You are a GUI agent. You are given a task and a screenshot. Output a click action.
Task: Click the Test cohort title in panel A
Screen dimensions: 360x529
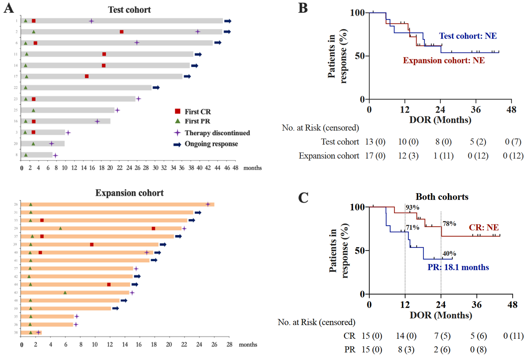[129, 10]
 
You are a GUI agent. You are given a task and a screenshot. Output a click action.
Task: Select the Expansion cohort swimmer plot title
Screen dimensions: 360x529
[129, 193]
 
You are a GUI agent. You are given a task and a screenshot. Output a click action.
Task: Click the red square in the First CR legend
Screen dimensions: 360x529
[178, 111]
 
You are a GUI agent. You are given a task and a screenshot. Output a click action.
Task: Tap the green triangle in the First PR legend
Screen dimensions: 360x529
[178, 121]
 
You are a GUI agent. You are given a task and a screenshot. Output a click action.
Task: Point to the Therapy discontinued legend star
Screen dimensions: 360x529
[177, 133]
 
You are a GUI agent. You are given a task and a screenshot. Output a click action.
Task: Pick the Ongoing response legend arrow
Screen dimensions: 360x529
[177, 144]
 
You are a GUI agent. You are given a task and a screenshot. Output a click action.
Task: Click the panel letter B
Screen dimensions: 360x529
[303, 8]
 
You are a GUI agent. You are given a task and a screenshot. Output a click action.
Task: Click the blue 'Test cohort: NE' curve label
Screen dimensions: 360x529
[468, 36]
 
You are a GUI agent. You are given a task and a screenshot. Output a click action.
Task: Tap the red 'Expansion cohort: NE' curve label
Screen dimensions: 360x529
[444, 60]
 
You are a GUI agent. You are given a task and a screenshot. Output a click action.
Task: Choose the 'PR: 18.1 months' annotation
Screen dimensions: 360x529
[458, 267]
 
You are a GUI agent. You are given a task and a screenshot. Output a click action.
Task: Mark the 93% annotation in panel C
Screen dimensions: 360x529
[412, 207]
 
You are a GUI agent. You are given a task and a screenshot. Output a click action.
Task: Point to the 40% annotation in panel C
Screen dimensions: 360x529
[449, 254]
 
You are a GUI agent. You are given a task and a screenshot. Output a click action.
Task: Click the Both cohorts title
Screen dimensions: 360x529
[442, 197]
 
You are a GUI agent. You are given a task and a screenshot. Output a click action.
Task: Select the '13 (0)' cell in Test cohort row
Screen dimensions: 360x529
[375, 142]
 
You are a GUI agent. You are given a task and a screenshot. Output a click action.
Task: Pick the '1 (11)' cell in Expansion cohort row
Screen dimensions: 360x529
[443, 156]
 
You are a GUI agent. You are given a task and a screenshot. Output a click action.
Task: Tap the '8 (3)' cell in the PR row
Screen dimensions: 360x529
[406, 350]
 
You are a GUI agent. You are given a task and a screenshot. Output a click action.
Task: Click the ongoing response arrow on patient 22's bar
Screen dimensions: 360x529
[156, 88]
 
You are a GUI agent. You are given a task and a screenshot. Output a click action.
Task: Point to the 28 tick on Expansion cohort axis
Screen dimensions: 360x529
[229, 345]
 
